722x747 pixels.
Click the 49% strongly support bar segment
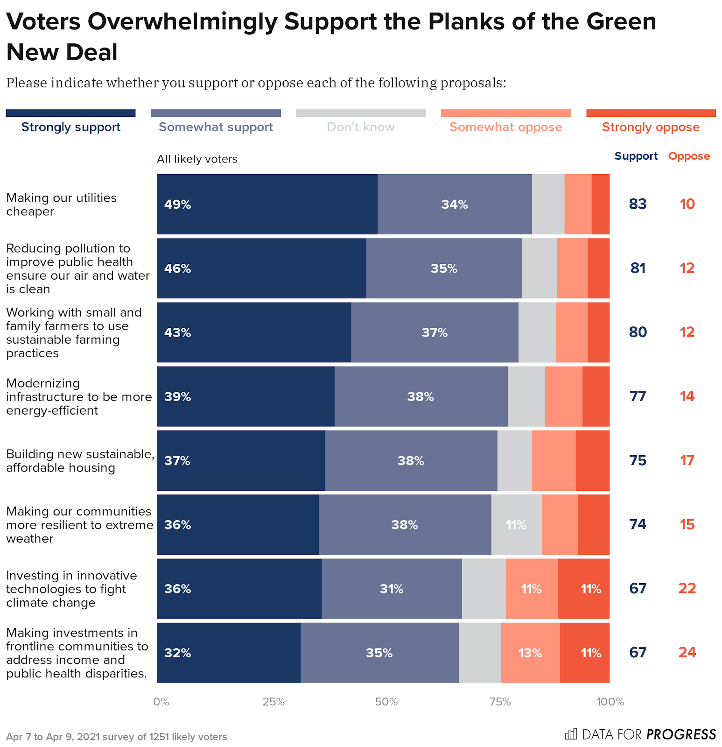click(x=267, y=204)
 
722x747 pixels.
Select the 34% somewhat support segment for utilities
click(x=455, y=204)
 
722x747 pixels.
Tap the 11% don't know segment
click(x=516, y=525)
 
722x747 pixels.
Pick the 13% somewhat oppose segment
click(x=530, y=653)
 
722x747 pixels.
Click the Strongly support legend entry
click(x=71, y=127)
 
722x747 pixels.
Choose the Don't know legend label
click(x=360, y=127)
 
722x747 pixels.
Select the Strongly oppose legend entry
click(x=651, y=127)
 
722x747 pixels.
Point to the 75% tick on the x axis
click(x=500, y=702)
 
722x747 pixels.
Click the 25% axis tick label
click(x=273, y=702)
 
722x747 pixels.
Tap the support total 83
click(x=638, y=204)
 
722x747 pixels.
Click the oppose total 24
click(x=687, y=652)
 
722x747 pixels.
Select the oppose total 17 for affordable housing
click(x=687, y=460)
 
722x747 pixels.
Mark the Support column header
click(x=636, y=156)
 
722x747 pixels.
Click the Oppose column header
click(x=689, y=156)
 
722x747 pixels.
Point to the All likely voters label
click(x=197, y=159)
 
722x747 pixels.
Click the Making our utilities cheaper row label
click(x=61, y=204)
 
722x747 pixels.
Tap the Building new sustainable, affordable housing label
click(x=80, y=461)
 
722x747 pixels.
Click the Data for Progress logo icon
click(x=571, y=734)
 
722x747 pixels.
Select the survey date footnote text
click(x=117, y=737)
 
